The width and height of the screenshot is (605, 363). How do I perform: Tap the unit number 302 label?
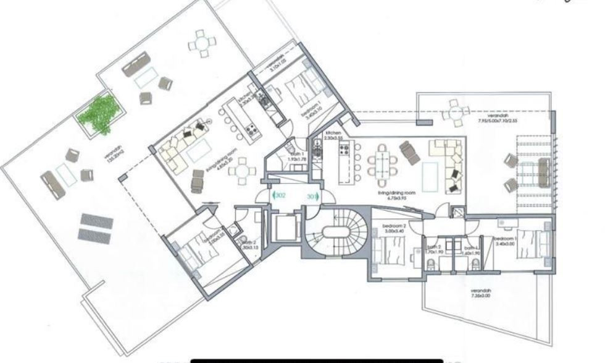coord(280,196)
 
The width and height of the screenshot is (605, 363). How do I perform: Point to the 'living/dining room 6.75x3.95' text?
coord(397,195)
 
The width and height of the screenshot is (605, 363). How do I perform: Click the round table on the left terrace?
coord(202,43)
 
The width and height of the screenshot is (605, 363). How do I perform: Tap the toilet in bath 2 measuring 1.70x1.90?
coord(431,264)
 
